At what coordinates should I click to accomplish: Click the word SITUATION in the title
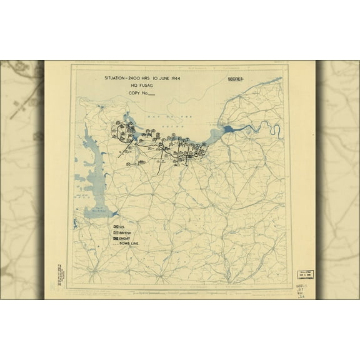tap(116, 78)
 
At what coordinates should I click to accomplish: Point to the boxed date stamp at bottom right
tap(304, 275)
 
